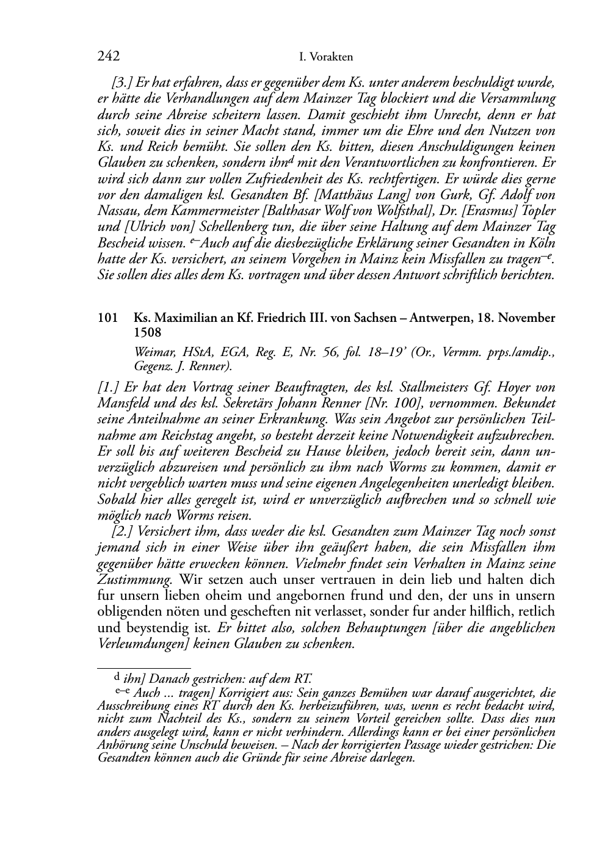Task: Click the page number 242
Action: pos(108,57)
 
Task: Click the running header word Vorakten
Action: pos(332,57)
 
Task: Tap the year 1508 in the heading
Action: pos(148,333)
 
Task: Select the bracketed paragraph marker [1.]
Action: pos(108,388)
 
